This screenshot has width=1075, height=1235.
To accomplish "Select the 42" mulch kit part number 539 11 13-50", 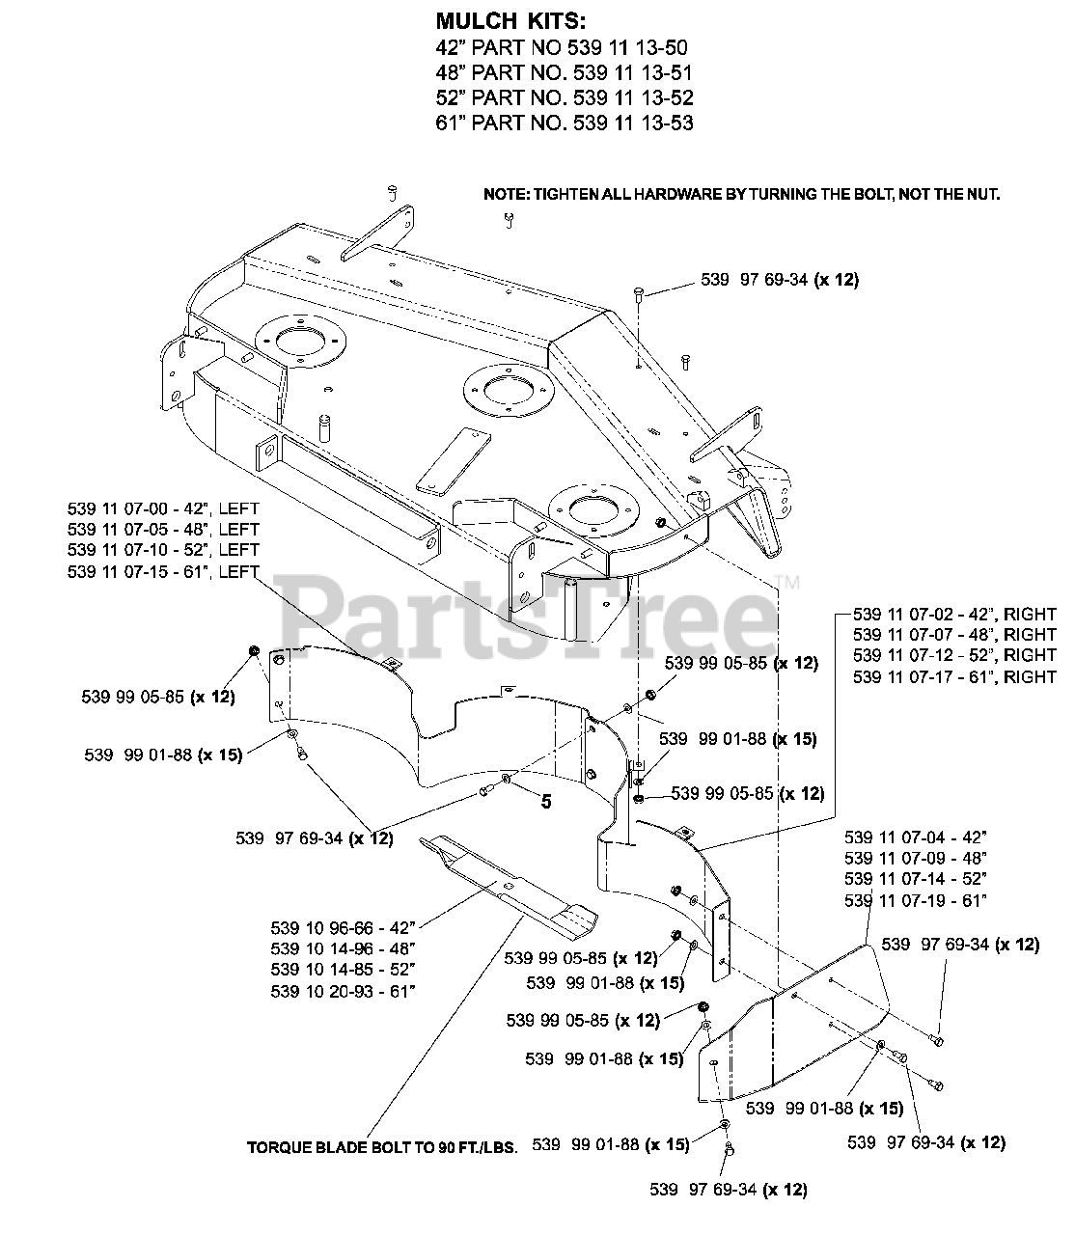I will click(564, 48).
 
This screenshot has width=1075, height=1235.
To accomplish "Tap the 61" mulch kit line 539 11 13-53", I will click(565, 123).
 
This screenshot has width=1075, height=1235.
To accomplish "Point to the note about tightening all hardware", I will click(741, 194).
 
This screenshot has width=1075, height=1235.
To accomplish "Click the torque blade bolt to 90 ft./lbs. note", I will click(383, 1148).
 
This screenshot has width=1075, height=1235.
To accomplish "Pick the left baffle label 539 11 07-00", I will click(163, 508).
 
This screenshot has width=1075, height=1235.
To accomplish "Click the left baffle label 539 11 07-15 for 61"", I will click(163, 571).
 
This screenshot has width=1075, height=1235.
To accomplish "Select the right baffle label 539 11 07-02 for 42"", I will click(954, 614).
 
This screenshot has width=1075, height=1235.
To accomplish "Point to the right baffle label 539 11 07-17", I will click(954, 677).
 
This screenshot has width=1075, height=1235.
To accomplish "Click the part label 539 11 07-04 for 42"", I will click(915, 837).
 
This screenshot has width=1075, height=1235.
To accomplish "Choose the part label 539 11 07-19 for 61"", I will click(915, 900).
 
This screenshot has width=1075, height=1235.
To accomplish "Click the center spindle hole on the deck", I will click(505, 391).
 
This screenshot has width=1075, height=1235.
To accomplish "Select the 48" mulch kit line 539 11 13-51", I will click(565, 73).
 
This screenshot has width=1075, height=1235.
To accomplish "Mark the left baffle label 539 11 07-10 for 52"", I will click(163, 550).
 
